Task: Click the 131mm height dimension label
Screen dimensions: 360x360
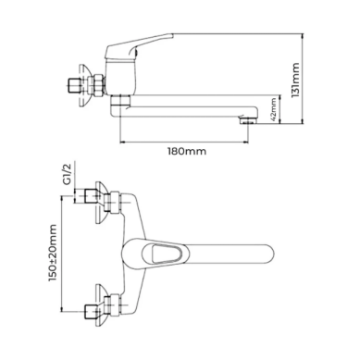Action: point(295,80)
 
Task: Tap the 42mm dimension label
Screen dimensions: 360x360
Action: point(273,109)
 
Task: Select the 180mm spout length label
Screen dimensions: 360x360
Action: point(187,152)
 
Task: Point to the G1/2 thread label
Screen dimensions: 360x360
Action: point(67,174)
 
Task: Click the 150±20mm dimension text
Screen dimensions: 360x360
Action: point(53,253)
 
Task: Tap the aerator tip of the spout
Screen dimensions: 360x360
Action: point(248,119)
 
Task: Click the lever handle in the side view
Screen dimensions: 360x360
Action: point(139,46)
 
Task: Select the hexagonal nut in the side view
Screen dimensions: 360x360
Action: point(99,84)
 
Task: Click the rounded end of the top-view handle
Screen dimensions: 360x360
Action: point(267,253)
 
